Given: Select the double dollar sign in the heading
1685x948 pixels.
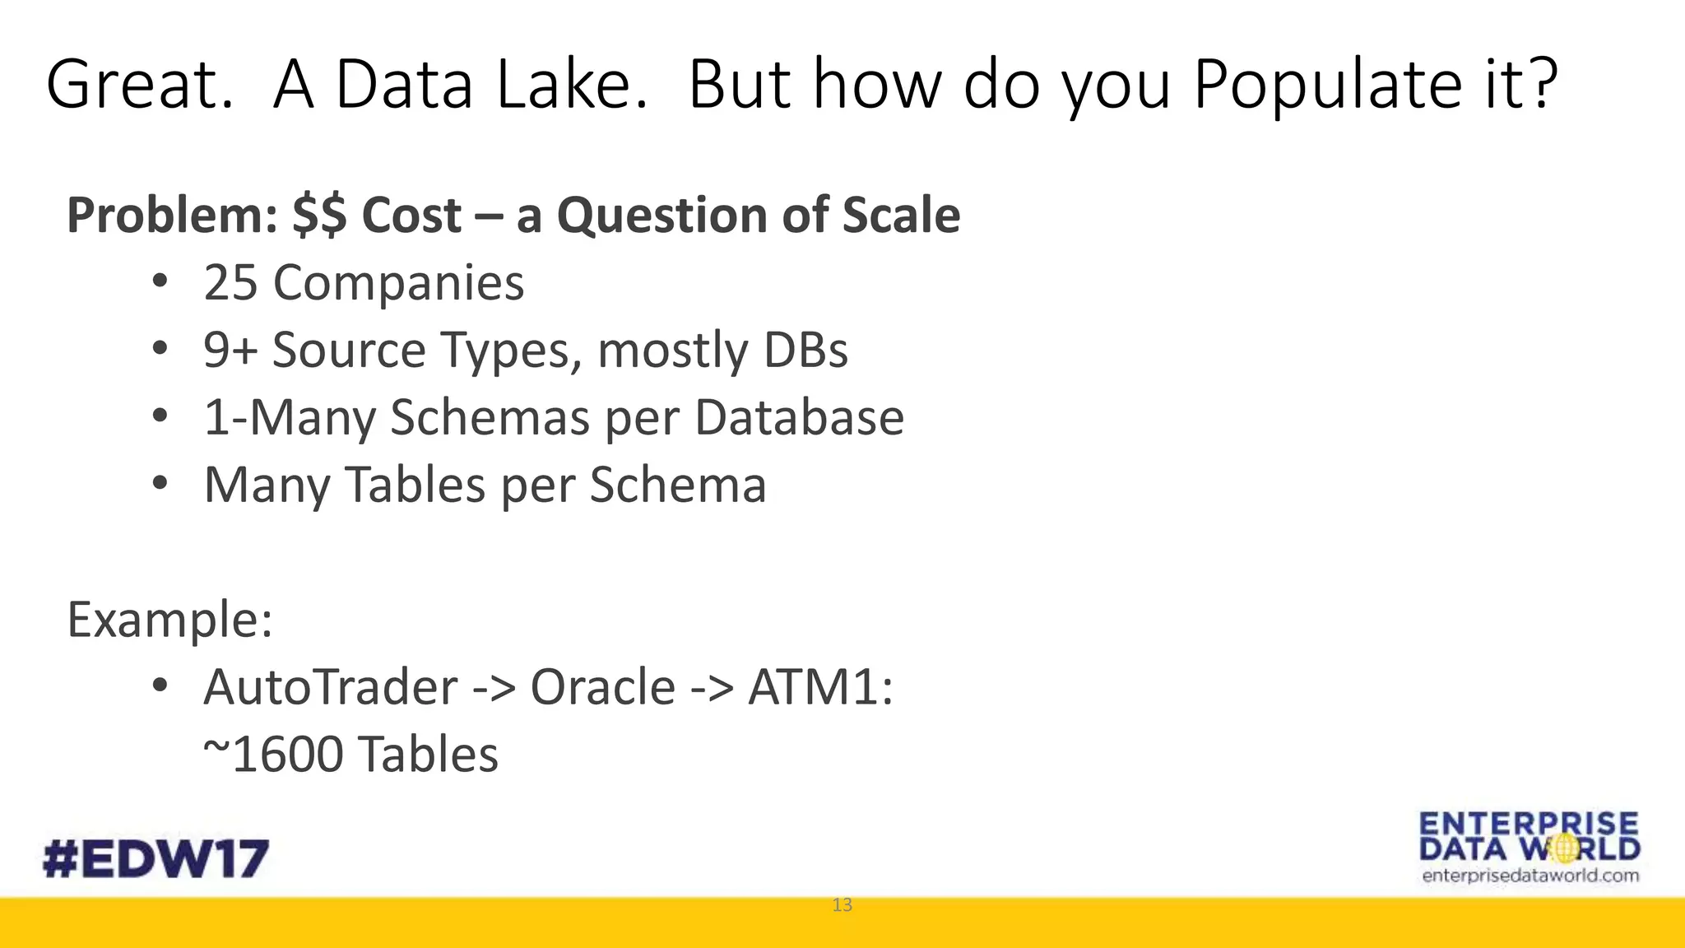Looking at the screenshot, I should click(x=319, y=216).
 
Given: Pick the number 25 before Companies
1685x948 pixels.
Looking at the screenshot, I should click(x=230, y=283).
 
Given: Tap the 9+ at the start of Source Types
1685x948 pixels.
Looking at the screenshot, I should click(x=230, y=351).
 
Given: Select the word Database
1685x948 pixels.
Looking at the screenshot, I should click(x=799, y=418).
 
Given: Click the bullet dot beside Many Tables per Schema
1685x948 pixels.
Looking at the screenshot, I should click(x=160, y=483).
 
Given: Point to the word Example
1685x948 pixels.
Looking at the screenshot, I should click(x=169, y=620).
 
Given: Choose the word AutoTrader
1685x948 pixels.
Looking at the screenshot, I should click(x=330, y=687).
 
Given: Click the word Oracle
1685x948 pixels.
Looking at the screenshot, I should click(x=602, y=687).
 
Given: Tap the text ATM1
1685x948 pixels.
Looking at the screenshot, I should click(x=819, y=687).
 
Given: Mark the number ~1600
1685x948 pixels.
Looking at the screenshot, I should click(x=272, y=755).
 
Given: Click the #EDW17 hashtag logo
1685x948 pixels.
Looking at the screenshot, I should click(x=156, y=859).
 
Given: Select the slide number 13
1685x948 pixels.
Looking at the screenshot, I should click(x=842, y=905).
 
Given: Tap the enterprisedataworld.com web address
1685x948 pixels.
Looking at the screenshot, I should click(x=1529, y=876).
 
